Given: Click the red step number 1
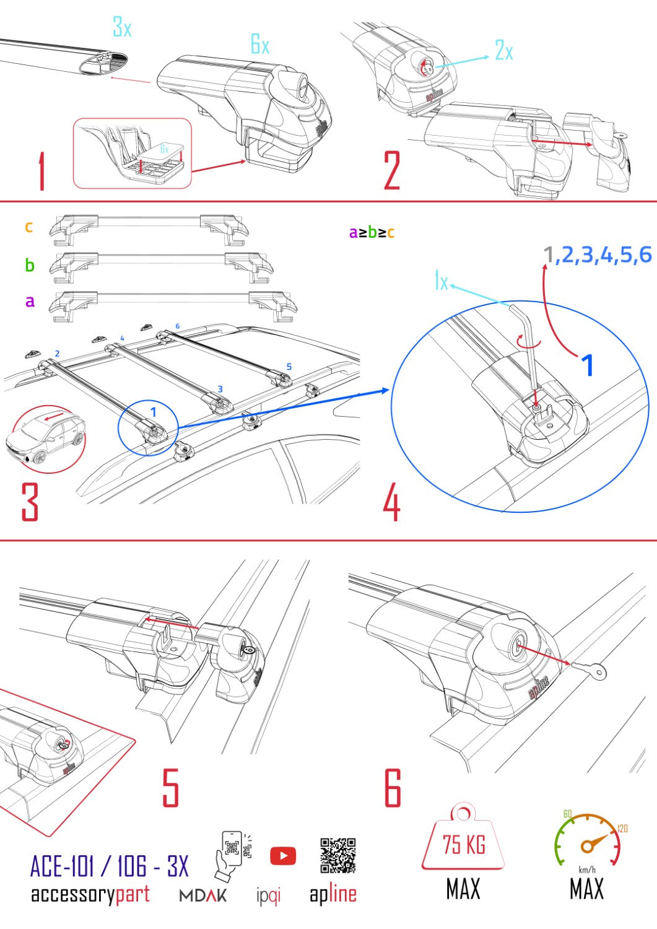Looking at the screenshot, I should click(41, 172).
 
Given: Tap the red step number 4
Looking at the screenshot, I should click(391, 503).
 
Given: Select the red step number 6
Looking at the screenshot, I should click(393, 788).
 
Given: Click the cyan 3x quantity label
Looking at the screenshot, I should click(122, 27).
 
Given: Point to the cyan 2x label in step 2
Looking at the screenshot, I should click(504, 50).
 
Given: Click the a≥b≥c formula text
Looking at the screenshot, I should click(372, 233).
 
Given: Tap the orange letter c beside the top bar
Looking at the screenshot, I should click(28, 227).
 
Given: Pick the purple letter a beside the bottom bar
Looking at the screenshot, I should click(30, 302).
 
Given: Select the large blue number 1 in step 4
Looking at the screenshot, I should click(586, 365).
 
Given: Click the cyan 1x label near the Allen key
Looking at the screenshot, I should click(441, 281).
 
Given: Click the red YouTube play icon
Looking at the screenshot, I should click(283, 856).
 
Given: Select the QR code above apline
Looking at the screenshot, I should click(337, 855).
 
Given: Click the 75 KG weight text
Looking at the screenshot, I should click(464, 844).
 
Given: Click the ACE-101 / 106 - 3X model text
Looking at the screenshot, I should click(109, 866).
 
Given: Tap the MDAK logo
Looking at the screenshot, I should click(203, 896).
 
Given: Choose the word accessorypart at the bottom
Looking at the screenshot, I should click(90, 894).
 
